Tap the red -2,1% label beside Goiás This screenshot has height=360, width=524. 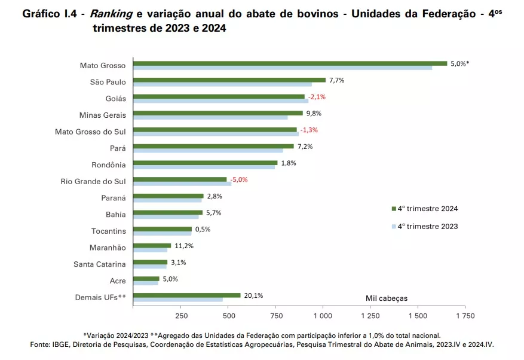[x=317, y=97]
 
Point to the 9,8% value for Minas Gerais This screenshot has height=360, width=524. [x=314, y=113]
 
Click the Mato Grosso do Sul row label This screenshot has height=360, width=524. [x=90, y=130]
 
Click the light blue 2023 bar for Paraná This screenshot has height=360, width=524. [x=167, y=200]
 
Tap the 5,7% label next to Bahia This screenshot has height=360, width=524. [x=214, y=212]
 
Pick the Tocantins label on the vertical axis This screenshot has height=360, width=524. [x=108, y=230]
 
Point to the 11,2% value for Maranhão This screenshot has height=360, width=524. [x=184, y=245]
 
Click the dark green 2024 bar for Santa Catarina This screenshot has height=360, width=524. [x=150, y=262]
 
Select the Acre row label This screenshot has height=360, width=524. [x=118, y=279]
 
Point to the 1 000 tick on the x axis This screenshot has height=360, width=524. [x=323, y=315]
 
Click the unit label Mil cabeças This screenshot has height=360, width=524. [x=387, y=298]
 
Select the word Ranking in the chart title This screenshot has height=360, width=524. [x=111, y=14]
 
